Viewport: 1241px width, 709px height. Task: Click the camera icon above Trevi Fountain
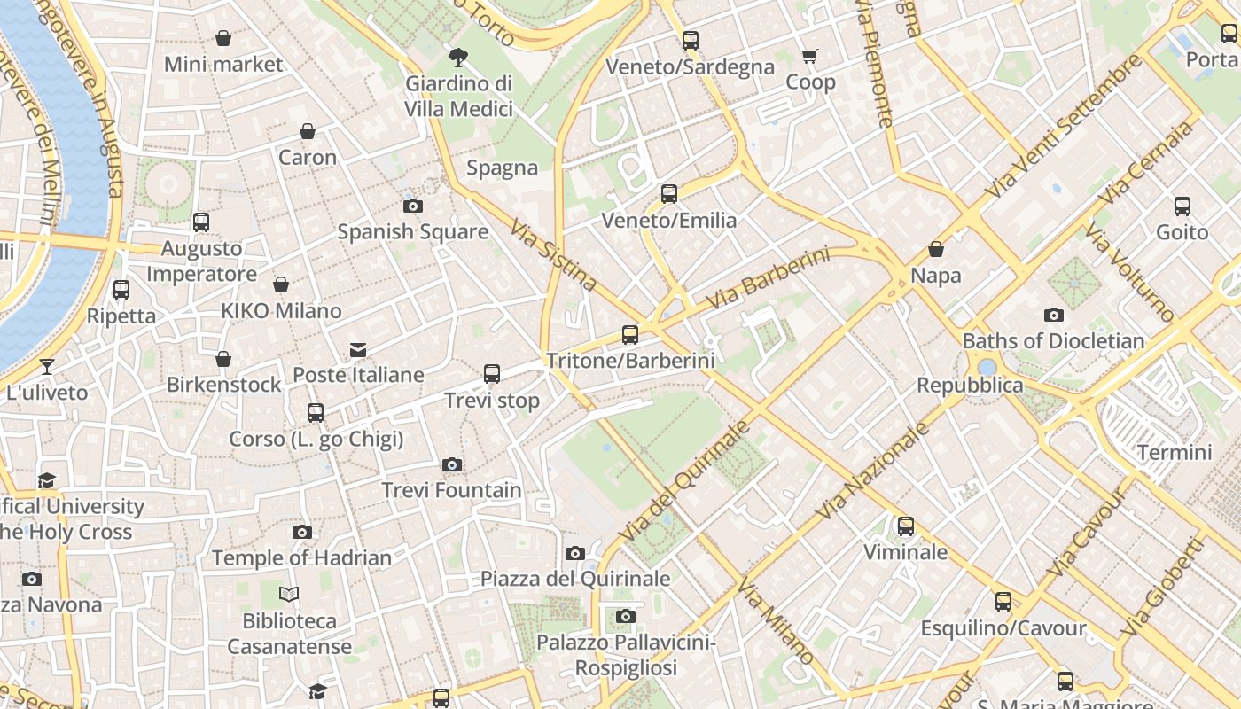pyautogui.click(x=452, y=465)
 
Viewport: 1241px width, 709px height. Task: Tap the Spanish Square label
pyautogui.click(x=413, y=232)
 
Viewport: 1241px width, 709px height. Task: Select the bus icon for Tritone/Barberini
pyautogui.click(x=630, y=335)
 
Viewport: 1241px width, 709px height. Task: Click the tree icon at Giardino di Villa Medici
pyautogui.click(x=458, y=58)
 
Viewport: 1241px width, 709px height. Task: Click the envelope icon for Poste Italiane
pyautogui.click(x=358, y=350)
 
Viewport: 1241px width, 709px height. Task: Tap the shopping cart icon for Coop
pyautogui.click(x=809, y=57)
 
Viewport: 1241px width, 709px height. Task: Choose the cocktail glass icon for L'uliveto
pyautogui.click(x=47, y=367)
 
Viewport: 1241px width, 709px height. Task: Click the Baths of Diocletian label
pyautogui.click(x=1053, y=340)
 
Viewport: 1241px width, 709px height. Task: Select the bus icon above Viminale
pyautogui.click(x=906, y=526)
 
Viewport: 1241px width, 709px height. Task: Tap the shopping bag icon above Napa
pyautogui.click(x=936, y=250)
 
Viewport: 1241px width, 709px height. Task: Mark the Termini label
pyautogui.click(x=1174, y=453)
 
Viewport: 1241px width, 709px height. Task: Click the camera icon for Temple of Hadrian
pyautogui.click(x=302, y=533)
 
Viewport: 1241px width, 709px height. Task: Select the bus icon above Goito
pyautogui.click(x=1182, y=206)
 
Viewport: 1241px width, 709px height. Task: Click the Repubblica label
pyautogui.click(x=970, y=386)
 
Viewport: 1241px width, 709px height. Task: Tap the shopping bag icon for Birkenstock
pyautogui.click(x=223, y=359)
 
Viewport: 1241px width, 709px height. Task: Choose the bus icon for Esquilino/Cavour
pyautogui.click(x=1003, y=603)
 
